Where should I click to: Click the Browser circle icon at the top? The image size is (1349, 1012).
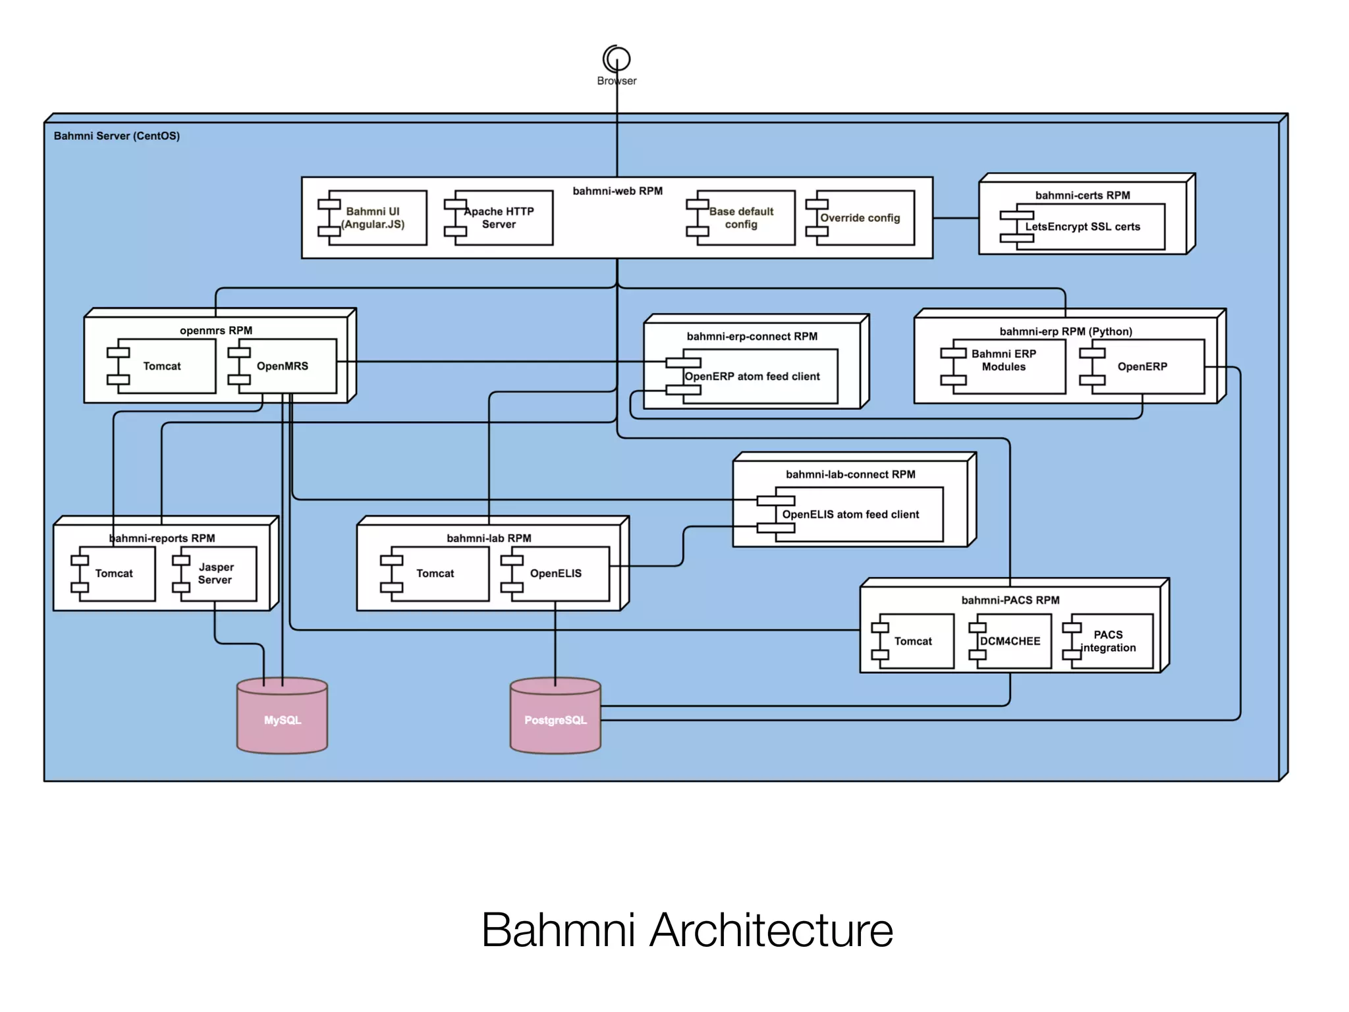[617, 59]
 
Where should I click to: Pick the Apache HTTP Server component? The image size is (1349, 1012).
[499, 218]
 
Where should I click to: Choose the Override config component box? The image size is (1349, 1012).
[860, 218]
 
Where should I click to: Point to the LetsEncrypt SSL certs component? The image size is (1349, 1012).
[1082, 227]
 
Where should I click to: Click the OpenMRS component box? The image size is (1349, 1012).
[283, 366]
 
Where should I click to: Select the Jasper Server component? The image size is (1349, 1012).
[215, 573]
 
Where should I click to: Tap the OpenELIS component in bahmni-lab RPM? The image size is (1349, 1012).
[556, 573]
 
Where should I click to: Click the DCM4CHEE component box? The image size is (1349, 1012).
[1010, 641]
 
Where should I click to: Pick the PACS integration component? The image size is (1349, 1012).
[1109, 641]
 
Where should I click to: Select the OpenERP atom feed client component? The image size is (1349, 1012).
[752, 376]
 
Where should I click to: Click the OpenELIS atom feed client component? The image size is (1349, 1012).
[850, 515]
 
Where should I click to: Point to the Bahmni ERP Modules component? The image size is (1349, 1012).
[1004, 360]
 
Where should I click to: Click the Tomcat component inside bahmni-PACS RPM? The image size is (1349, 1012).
[913, 641]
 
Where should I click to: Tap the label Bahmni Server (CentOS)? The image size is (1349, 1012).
[117, 136]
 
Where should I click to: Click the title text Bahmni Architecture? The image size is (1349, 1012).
[687, 930]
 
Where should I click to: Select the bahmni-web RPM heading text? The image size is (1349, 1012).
[617, 191]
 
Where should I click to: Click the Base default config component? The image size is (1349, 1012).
[741, 218]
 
